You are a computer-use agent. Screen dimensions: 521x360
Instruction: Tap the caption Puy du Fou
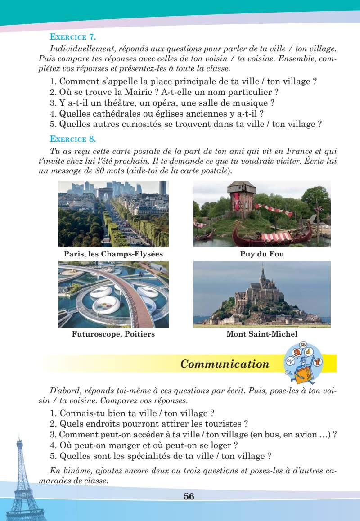click(262, 254)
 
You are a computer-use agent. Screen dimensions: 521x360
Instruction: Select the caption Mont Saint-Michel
click(262, 334)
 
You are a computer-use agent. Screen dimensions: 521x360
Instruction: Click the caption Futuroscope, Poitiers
click(113, 334)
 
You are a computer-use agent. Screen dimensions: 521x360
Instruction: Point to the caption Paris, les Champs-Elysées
click(113, 254)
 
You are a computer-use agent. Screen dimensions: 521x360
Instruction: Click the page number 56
click(189, 496)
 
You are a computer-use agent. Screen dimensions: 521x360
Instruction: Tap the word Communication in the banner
click(224, 364)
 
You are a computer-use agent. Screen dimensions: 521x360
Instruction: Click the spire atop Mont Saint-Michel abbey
click(262, 270)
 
